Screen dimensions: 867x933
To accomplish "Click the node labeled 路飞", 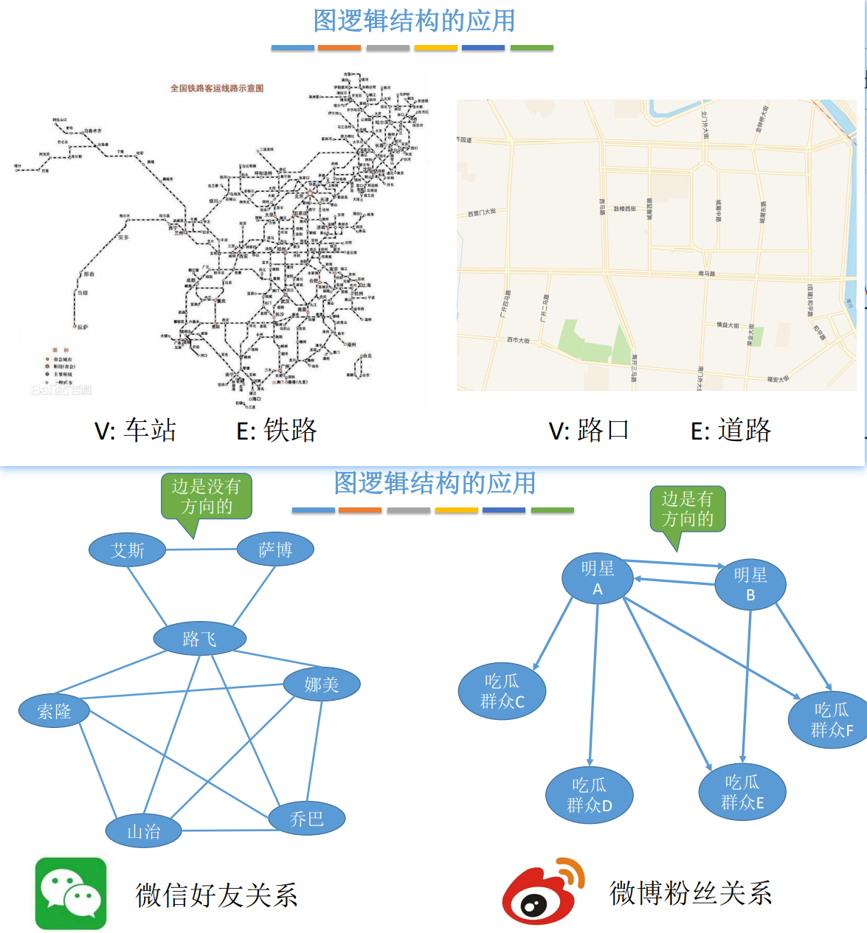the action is (199, 639).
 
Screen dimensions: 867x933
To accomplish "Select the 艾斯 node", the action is (127, 550).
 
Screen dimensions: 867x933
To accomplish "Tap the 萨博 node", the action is (275, 549).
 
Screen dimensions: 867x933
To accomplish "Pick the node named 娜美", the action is (322, 684).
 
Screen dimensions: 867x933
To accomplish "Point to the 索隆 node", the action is (54, 711).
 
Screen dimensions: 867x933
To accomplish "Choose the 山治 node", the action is (143, 831).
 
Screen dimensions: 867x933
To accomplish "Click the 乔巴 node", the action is (306, 818).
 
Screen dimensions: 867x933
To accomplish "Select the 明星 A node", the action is (598, 578).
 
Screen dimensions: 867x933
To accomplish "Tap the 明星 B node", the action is (750, 584).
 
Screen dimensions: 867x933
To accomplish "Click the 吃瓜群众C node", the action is (502, 691).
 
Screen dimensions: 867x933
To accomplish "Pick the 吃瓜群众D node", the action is (590, 795).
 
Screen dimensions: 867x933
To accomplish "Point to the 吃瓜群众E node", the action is (742, 792).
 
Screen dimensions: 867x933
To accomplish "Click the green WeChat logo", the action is (71, 893).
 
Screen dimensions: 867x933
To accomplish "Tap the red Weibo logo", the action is (542, 892).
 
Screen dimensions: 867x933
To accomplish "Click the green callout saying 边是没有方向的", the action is (207, 496).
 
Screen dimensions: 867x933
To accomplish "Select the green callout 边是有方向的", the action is (688, 509).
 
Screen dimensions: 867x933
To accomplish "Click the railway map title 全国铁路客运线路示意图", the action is (217, 89).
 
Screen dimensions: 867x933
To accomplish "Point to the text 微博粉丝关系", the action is (691, 893).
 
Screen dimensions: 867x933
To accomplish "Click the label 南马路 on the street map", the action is (707, 274).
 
